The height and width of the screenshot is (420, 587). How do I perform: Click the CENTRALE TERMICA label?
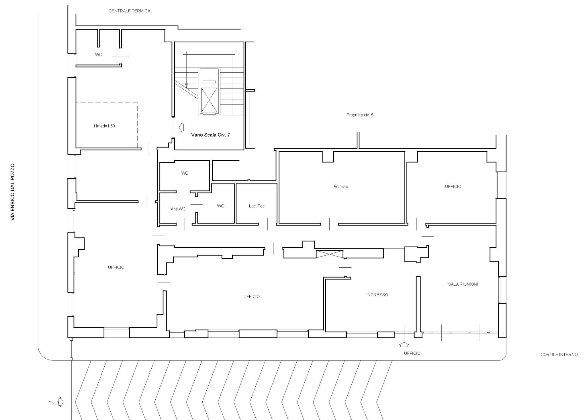pos(129,11)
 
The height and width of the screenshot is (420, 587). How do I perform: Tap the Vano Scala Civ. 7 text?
pos(210,135)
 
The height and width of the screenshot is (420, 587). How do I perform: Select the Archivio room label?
pos(341,187)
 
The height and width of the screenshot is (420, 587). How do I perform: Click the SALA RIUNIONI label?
pos(463,284)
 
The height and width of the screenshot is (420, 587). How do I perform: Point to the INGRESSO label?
pos(377,295)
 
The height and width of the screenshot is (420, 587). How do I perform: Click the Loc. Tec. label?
pos(257,206)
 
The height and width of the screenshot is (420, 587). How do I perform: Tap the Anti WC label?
pos(178,209)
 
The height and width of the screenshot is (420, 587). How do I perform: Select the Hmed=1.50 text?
pos(104,126)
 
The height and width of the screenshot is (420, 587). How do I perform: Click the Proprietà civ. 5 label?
pos(360,115)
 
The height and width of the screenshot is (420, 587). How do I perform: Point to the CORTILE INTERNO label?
pos(559,355)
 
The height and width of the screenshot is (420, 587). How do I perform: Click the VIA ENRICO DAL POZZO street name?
pos(12,192)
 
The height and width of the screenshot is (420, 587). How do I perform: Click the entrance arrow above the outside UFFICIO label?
pos(404,344)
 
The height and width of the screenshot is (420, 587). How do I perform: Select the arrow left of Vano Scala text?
pos(181,127)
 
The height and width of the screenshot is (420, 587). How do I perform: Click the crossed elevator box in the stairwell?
pos(209,100)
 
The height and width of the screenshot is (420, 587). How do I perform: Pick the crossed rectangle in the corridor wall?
pos(329,254)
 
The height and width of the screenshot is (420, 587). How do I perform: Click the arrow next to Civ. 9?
pos(61,402)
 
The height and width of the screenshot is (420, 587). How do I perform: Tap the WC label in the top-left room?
pos(99,55)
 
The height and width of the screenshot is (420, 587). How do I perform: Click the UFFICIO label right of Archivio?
pos(453,187)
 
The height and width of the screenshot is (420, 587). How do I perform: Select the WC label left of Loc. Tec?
pos(220,206)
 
